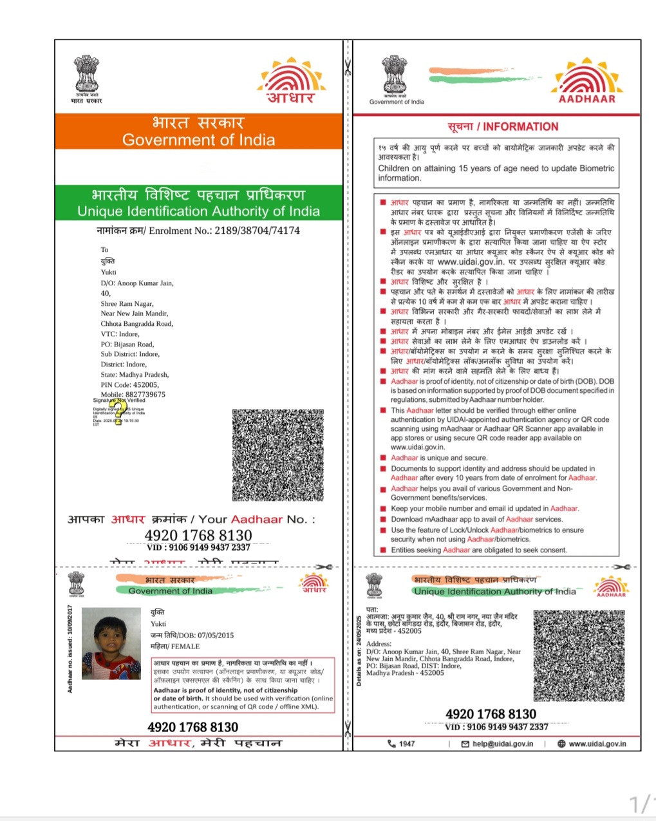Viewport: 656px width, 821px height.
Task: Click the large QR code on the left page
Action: click(278, 455)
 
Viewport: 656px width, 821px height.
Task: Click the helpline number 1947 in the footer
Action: click(406, 744)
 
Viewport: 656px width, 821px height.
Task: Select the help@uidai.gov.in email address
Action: click(502, 744)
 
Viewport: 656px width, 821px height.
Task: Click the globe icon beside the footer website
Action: click(561, 744)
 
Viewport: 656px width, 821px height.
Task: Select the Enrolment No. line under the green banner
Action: click(198, 231)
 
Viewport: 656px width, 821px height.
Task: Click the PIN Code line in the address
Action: click(129, 384)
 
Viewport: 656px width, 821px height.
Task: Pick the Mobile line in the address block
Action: click(133, 394)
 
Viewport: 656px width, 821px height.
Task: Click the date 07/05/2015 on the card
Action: click(216, 635)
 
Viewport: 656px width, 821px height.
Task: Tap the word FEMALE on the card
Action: click(185, 646)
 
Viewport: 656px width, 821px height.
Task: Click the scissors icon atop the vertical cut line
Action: click(347, 67)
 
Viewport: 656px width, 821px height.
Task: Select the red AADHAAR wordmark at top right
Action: click(586, 99)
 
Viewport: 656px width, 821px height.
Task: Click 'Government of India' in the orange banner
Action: click(198, 140)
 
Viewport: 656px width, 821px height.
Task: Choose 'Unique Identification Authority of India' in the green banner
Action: click(198, 211)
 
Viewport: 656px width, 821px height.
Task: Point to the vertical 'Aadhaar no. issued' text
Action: click(70, 648)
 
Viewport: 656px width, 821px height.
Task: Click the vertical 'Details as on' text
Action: click(359, 650)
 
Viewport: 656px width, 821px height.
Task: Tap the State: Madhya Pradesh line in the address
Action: click(135, 374)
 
